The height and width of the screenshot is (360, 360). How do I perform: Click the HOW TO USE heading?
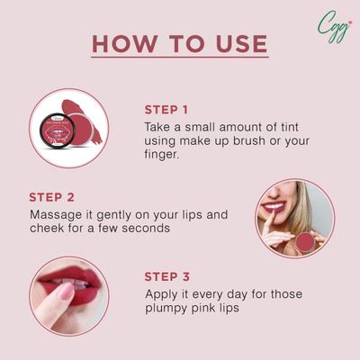pyautogui.click(x=179, y=44)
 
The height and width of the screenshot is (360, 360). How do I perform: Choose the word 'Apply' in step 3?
pyautogui.click(x=164, y=294)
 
